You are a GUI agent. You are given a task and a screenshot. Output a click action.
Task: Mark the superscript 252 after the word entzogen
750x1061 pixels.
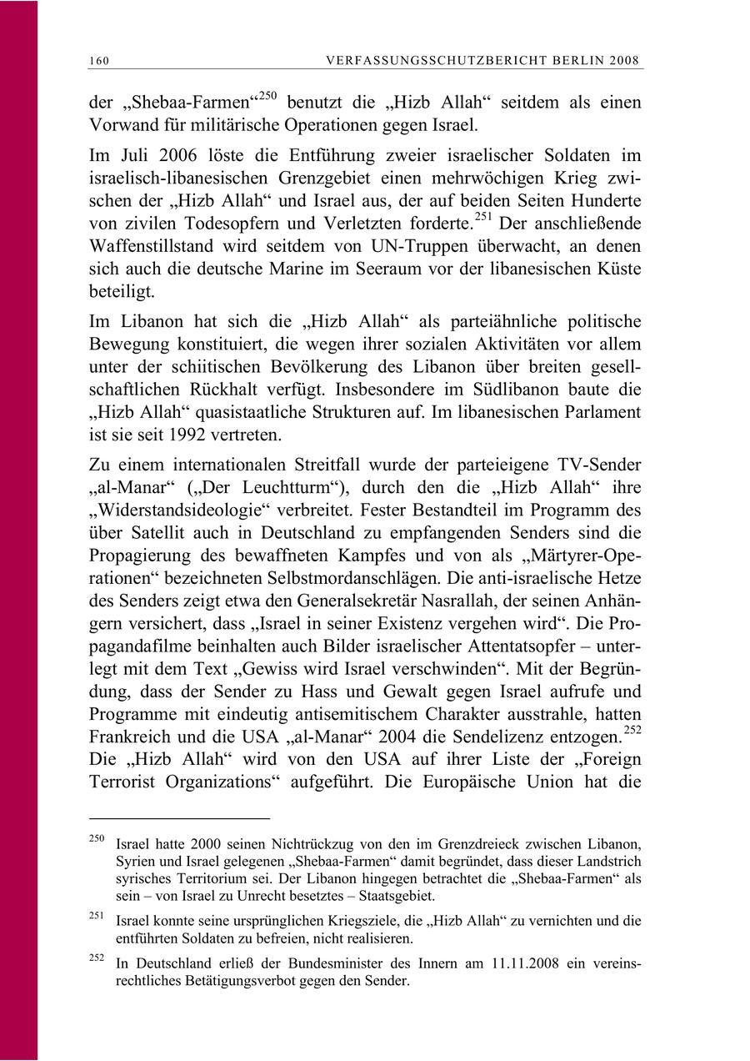pos(633,729)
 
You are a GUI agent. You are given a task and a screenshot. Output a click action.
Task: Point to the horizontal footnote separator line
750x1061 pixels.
pos(179,819)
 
